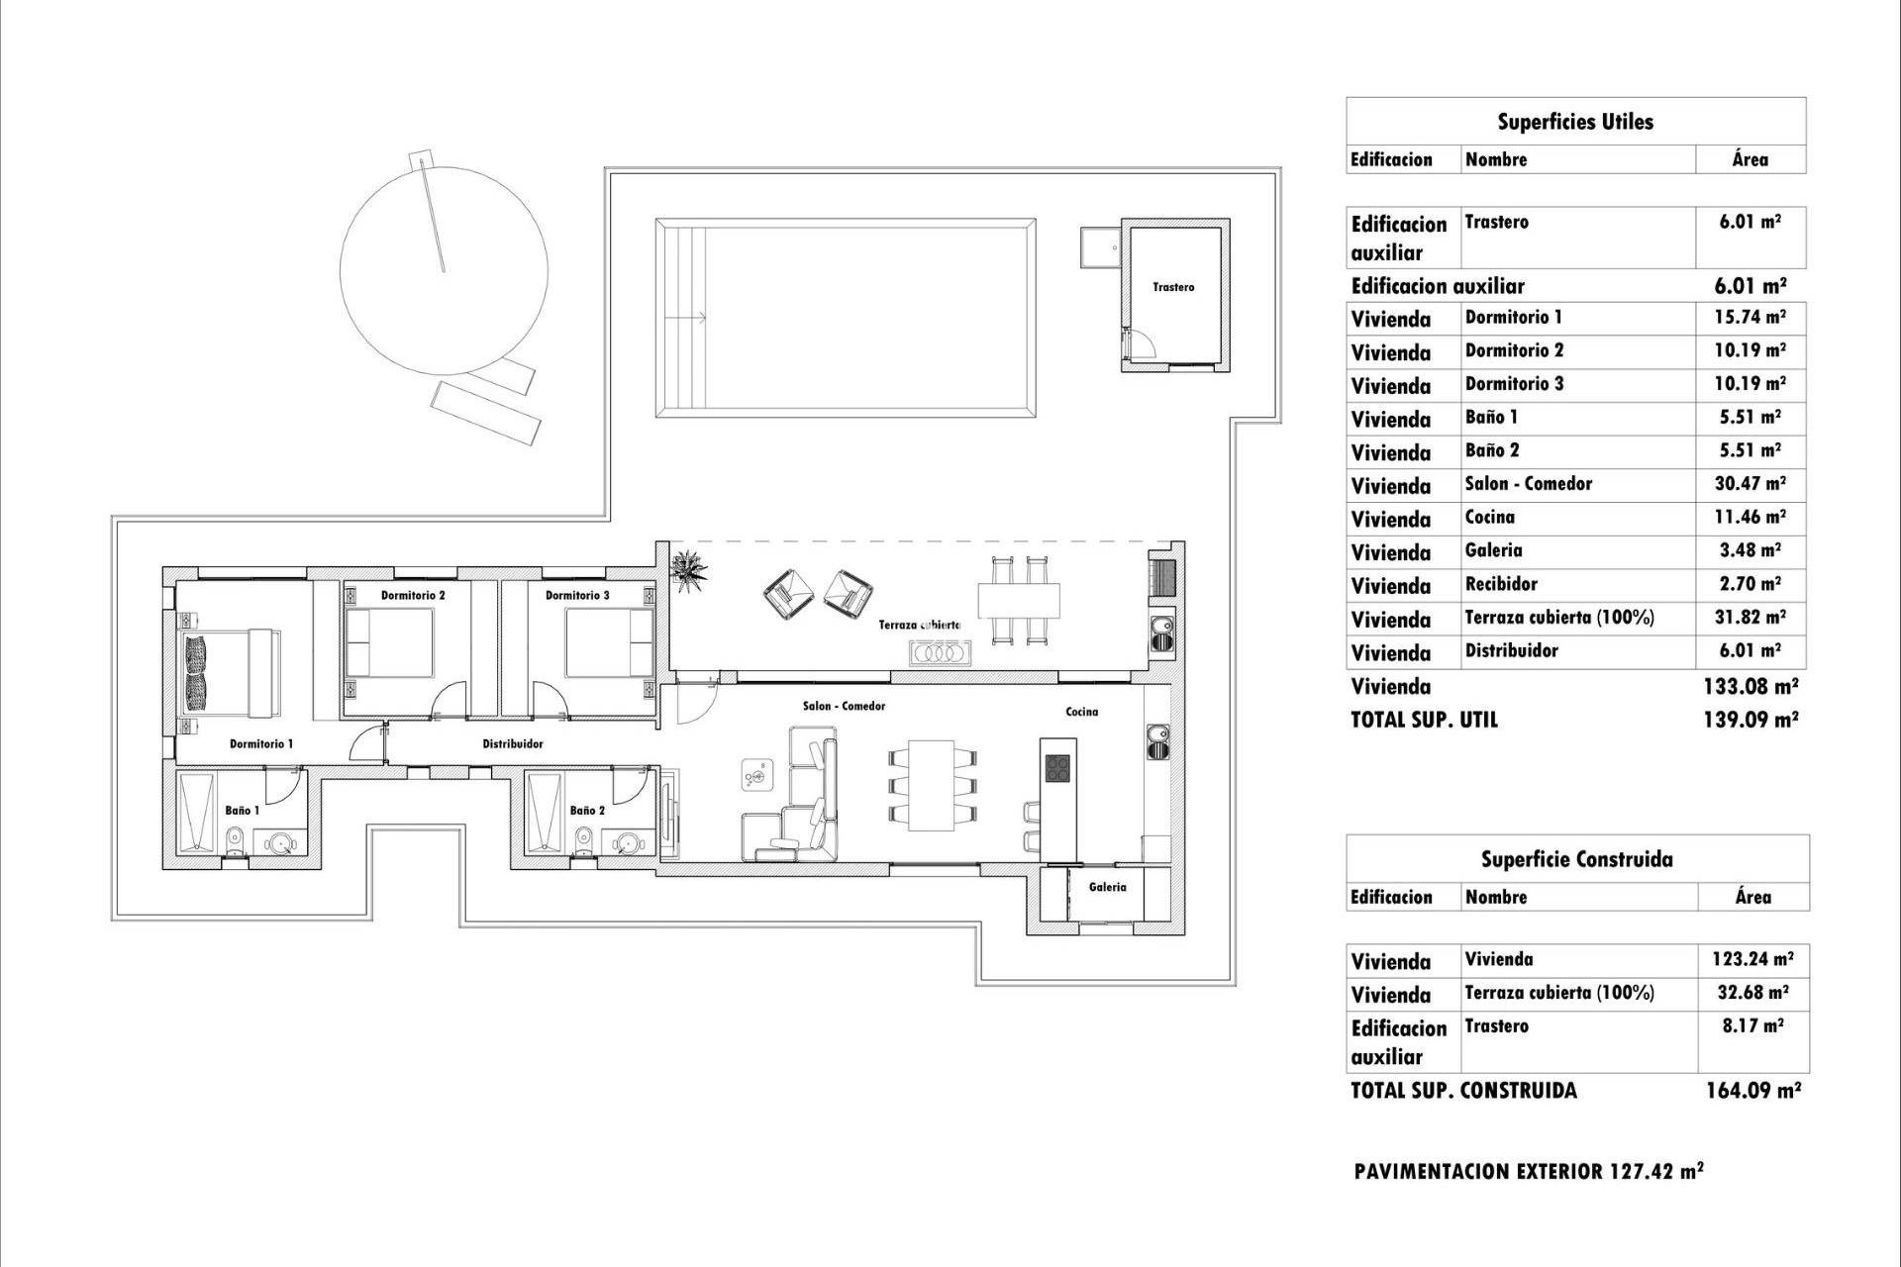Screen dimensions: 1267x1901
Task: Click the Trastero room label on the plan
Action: (1173, 287)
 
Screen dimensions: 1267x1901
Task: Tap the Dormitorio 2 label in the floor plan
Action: (413, 596)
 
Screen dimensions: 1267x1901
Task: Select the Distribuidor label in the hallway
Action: (512, 743)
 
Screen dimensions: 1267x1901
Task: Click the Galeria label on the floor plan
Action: (1107, 887)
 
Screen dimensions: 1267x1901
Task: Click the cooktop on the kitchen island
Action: (1056, 768)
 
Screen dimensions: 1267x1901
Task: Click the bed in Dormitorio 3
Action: (608, 642)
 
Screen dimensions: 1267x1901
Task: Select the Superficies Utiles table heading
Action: (1574, 122)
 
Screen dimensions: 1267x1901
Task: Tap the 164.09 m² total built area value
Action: (1752, 1091)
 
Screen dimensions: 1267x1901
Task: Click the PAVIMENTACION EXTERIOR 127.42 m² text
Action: (1529, 1172)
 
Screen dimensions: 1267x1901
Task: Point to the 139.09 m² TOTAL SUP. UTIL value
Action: (1750, 720)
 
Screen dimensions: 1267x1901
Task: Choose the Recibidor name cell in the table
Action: (1501, 584)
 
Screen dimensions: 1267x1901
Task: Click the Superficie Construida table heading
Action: (1576, 859)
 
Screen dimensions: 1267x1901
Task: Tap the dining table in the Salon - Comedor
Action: (931, 786)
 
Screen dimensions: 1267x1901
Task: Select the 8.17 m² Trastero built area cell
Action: (1752, 1026)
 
